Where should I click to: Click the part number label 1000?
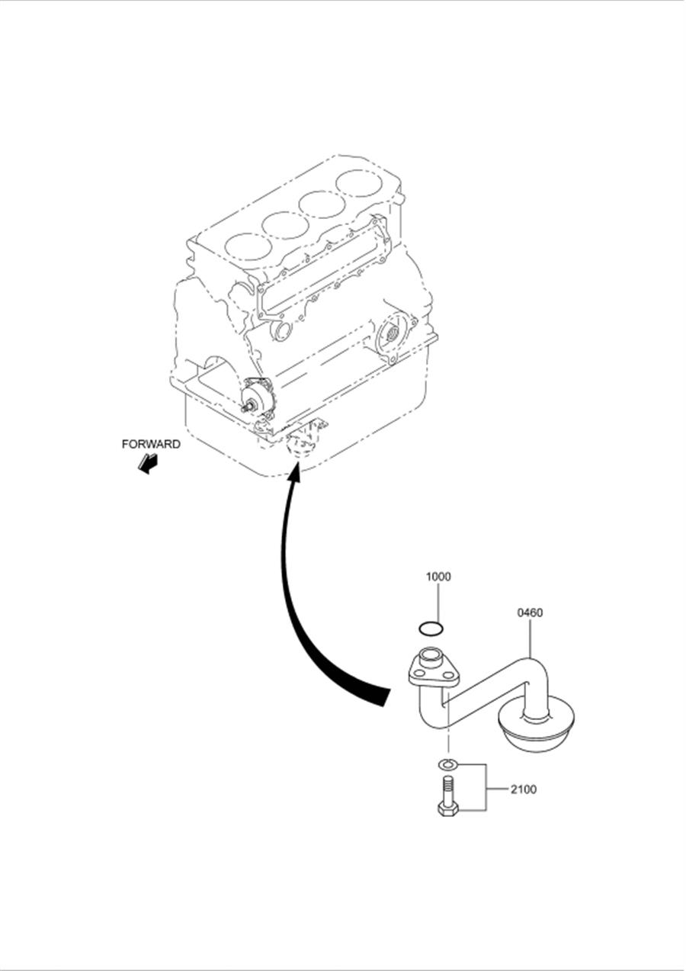(438, 577)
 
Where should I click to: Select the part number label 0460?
(529, 613)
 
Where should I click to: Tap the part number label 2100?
(523, 789)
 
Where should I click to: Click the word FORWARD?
(151, 445)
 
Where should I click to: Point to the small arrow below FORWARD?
(147, 464)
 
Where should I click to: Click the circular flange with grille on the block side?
(393, 333)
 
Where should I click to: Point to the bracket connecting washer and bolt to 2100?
(486, 789)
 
